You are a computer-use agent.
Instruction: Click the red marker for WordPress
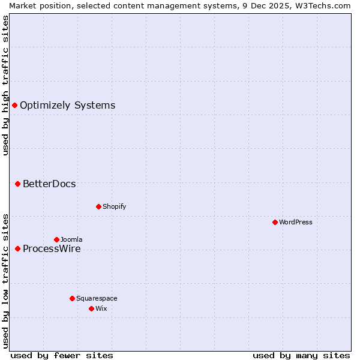(275, 222)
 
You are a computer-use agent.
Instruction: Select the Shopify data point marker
(98, 206)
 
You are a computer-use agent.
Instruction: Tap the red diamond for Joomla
(56, 239)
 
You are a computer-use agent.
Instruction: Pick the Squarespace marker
(72, 298)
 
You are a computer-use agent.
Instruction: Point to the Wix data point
(91, 308)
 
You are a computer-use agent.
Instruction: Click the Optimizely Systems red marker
(14, 106)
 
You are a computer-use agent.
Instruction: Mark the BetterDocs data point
(17, 184)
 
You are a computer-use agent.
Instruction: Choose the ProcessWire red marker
(17, 248)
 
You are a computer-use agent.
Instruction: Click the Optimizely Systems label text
(67, 106)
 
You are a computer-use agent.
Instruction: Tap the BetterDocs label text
(49, 184)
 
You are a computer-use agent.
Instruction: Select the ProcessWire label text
(52, 248)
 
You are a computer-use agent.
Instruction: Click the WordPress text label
(296, 222)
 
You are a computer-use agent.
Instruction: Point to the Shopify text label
(114, 206)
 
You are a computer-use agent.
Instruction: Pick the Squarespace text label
(97, 298)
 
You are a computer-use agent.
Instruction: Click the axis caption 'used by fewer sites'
(62, 355)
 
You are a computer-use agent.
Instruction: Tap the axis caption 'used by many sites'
(301, 355)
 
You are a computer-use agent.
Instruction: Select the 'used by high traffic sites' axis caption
(5, 85)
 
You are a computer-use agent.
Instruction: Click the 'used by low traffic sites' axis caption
(5, 280)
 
